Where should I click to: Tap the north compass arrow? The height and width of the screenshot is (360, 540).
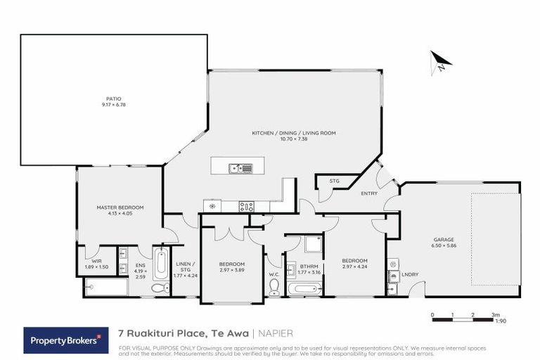coord(441,62)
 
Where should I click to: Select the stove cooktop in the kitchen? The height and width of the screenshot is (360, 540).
coord(247,206)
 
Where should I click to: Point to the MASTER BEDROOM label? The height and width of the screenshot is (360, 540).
coord(120,207)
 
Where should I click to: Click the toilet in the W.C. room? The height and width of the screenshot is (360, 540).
coord(274,286)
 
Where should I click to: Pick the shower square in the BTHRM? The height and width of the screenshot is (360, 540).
coord(313,244)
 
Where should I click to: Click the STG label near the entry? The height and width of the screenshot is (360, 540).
coord(335,181)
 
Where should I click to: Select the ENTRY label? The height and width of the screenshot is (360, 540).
coord(368,193)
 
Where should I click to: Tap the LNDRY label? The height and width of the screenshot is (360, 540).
coord(409,275)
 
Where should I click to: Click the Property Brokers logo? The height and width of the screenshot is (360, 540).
coord(63,340)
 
